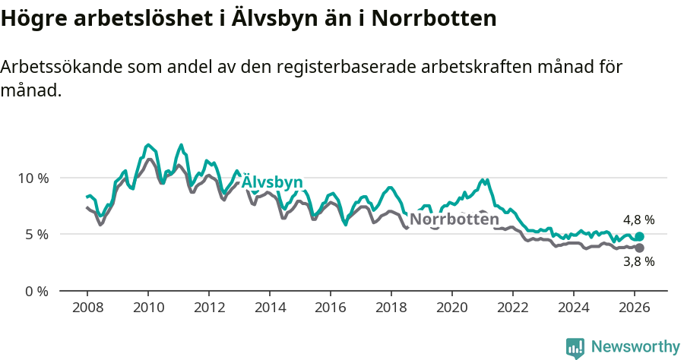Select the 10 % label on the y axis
[x=33, y=178]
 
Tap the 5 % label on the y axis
[x=37, y=235]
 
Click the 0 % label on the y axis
[x=37, y=291]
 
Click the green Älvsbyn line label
[x=272, y=182]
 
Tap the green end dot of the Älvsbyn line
[x=639, y=237]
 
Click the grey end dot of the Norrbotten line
[x=639, y=248]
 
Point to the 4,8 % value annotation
[x=638, y=220]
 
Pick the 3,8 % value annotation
[x=638, y=262]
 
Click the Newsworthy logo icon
[x=575, y=348]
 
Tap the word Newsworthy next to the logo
[x=635, y=347]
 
